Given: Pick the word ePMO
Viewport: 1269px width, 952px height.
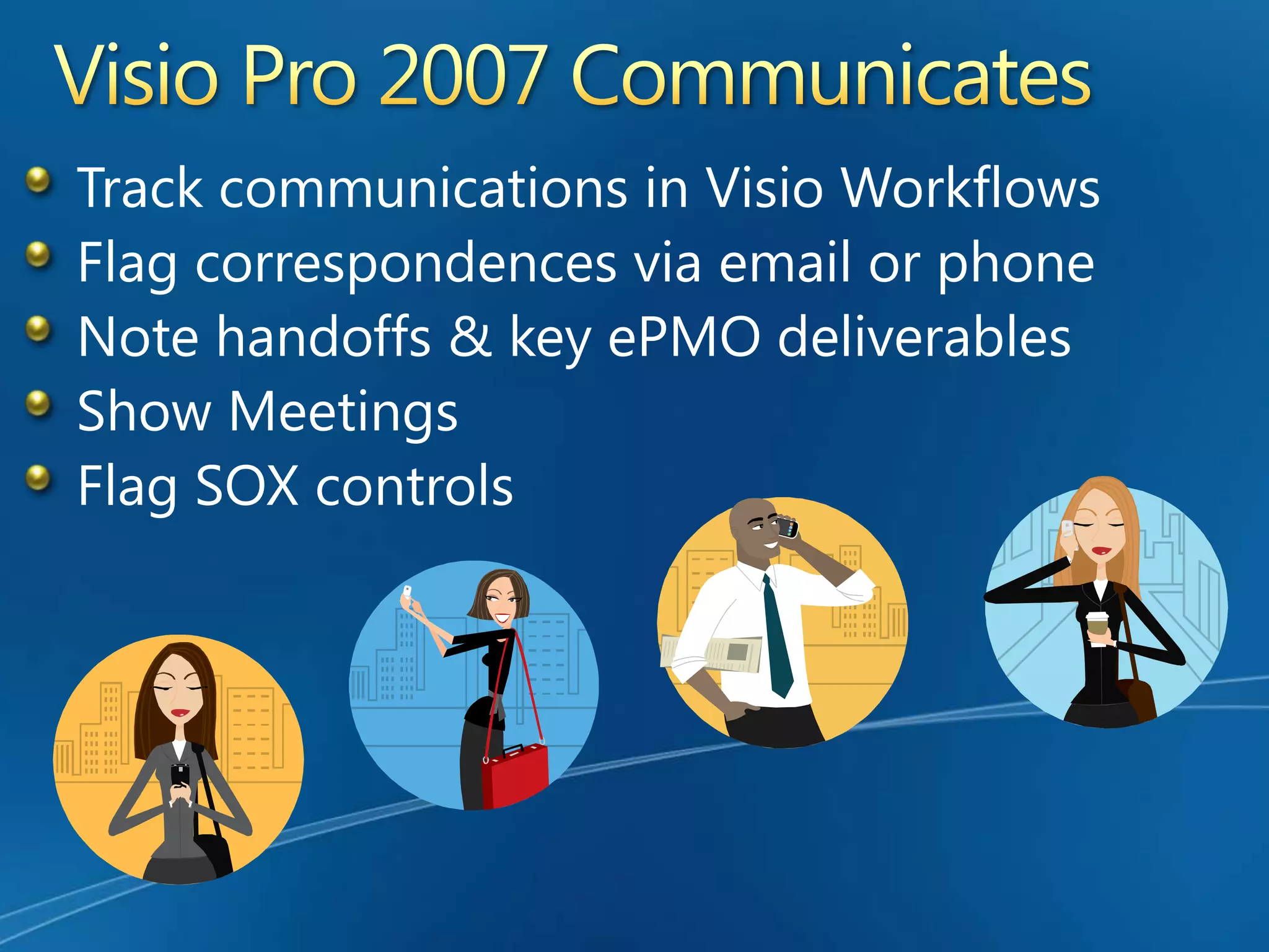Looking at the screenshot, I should click(x=684, y=338).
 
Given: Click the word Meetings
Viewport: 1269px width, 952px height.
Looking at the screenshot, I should click(x=343, y=413).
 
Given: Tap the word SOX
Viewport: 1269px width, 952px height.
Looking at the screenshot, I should click(x=247, y=487).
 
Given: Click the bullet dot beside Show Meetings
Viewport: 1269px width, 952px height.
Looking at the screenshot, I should click(x=38, y=403).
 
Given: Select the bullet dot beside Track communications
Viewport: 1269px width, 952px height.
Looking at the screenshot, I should click(x=38, y=180).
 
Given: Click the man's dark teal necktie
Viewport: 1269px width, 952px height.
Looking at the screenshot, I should click(x=777, y=638).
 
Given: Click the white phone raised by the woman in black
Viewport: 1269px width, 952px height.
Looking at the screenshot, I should click(x=407, y=591).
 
